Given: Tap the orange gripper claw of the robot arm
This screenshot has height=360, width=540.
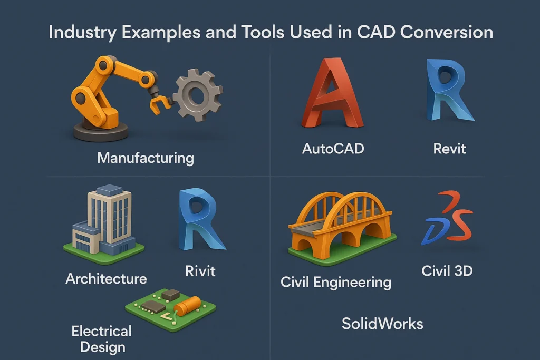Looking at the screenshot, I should [159, 101].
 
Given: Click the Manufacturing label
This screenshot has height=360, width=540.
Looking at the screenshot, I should [146, 157].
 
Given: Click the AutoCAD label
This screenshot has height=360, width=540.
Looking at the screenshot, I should [333, 149].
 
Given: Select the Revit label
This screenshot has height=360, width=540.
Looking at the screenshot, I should [449, 149].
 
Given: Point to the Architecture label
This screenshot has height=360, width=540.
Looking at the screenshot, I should [106, 278].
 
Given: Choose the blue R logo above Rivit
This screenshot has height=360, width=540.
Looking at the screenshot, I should [200, 220].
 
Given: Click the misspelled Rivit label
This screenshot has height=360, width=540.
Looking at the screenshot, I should [200, 271].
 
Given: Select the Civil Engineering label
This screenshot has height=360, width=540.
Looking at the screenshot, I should [336, 282].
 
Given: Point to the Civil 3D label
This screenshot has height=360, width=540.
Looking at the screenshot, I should [447, 271].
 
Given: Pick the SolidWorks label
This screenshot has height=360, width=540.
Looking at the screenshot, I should [382, 323].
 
